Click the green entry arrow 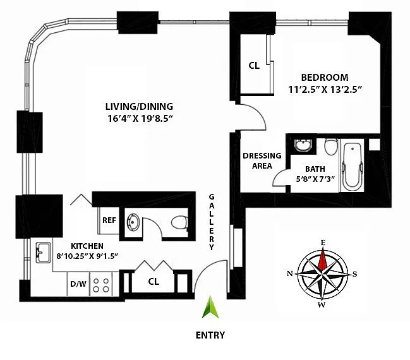pyautogui.click(x=210, y=309)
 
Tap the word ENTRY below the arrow pyautogui.click(x=210, y=335)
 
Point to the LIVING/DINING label pyautogui.click(x=139, y=106)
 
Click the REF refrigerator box pyautogui.click(x=108, y=220)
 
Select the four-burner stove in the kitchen pyautogui.click(x=101, y=285)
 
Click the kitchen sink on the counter pyautogui.click(x=44, y=253)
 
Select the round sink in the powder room pyautogui.click(x=134, y=222)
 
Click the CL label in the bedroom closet pyautogui.click(x=254, y=65)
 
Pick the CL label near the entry pyautogui.click(x=153, y=281)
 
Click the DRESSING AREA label pyautogui.click(x=258, y=160)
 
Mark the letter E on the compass pyautogui.click(x=323, y=243)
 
